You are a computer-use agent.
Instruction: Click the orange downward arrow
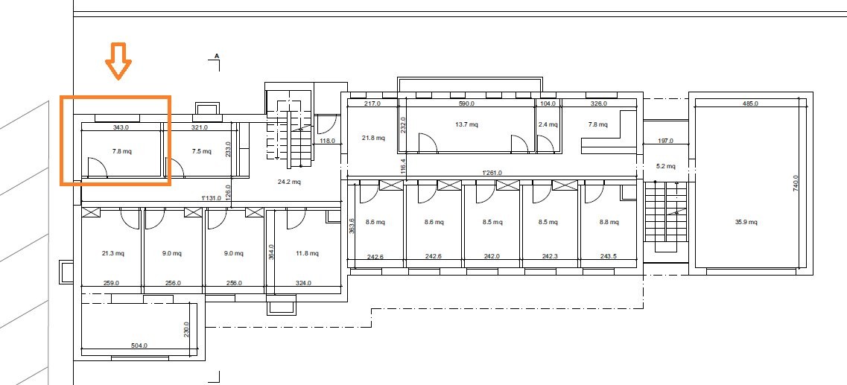(x=118, y=61)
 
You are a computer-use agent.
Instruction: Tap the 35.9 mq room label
(x=746, y=222)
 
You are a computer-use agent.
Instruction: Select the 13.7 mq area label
(x=467, y=124)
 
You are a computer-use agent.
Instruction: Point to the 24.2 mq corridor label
(x=289, y=182)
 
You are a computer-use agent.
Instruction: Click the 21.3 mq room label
(x=113, y=253)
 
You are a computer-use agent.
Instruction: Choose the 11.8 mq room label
(x=307, y=253)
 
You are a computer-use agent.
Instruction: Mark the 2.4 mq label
(x=548, y=124)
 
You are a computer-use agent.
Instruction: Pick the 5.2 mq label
(x=665, y=166)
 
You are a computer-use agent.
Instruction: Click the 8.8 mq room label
(x=608, y=222)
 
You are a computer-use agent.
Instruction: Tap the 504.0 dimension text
(x=139, y=346)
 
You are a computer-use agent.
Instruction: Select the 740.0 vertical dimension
(x=795, y=183)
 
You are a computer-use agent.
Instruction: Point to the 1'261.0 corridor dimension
(x=492, y=173)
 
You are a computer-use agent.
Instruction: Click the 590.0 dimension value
(x=466, y=103)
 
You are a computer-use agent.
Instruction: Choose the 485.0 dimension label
(x=750, y=103)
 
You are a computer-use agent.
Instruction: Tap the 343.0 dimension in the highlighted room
(x=121, y=128)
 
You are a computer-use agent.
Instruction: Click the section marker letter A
(x=217, y=56)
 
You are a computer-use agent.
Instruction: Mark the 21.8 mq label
(x=373, y=139)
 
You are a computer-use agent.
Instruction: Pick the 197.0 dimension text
(x=665, y=141)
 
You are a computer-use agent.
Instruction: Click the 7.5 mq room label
(x=201, y=152)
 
